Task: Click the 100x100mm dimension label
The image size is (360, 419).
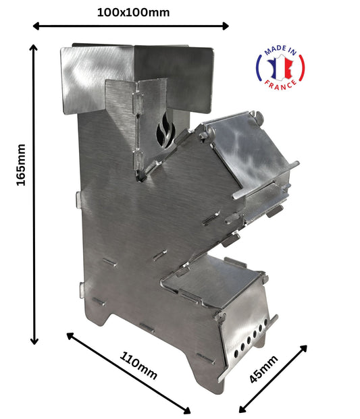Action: point(133,11)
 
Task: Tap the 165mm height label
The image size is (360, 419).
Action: point(21,165)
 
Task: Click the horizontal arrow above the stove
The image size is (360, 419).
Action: point(131,26)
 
